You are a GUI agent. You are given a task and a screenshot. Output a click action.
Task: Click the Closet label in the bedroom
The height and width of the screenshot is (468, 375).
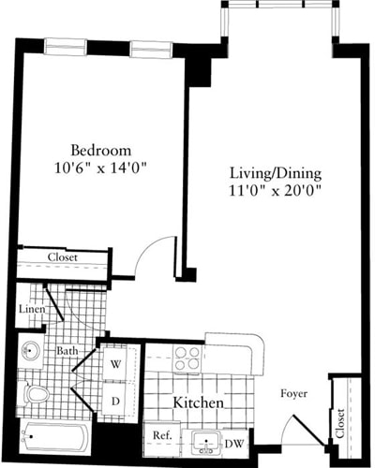point(62,257)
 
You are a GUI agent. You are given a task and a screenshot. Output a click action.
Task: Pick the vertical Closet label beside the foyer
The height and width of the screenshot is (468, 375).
point(340,423)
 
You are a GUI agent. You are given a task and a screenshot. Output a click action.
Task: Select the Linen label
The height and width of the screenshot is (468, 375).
point(33,310)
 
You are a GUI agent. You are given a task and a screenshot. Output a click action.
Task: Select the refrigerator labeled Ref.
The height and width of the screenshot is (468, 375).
point(160,436)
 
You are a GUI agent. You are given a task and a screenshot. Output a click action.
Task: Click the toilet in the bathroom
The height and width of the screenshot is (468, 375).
point(36,394)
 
